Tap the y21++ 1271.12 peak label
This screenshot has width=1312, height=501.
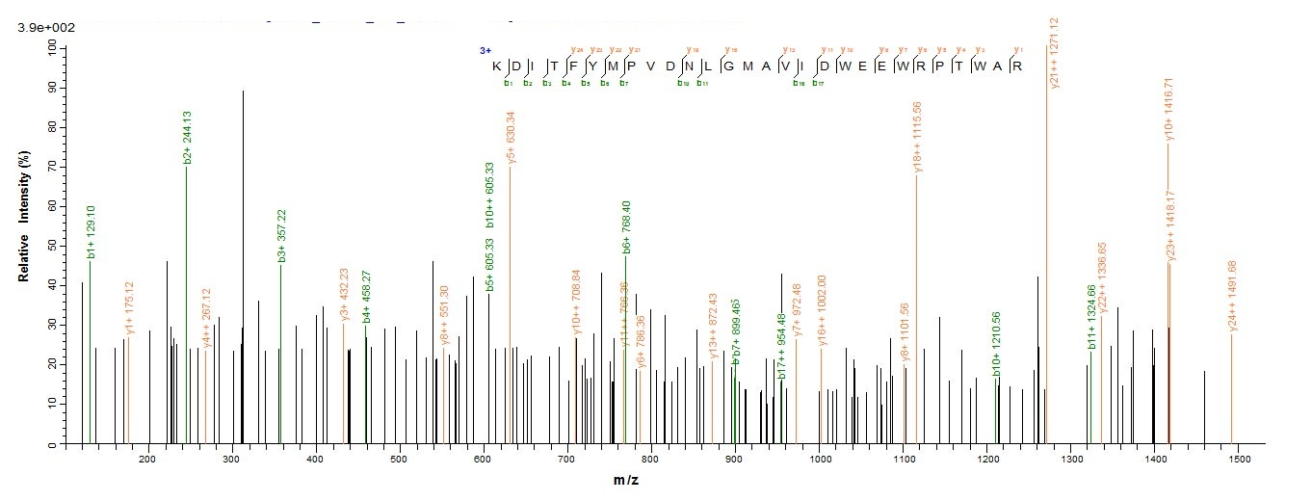coord(1055,53)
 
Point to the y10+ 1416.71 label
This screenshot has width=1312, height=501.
coord(1169,110)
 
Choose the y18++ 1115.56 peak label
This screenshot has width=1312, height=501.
coord(918,136)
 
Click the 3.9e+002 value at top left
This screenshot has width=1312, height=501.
coord(45,28)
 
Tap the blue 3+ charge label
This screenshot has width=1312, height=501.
coord(485,49)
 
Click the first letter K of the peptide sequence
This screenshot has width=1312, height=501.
coord(497,66)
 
